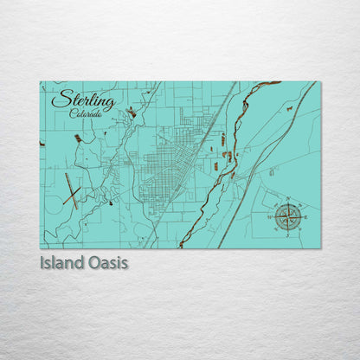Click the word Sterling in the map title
click(82, 100)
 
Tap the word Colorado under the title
click(85, 114)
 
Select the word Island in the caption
click(63, 262)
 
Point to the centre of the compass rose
click(288, 216)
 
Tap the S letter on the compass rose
click(288, 235)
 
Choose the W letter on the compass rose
click(270, 216)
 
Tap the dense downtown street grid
click(160, 164)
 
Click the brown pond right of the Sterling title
click(132, 112)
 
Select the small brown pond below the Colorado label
click(78, 138)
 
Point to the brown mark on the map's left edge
click(42, 144)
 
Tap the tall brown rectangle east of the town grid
click(223, 138)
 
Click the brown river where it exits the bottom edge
click(181, 246)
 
